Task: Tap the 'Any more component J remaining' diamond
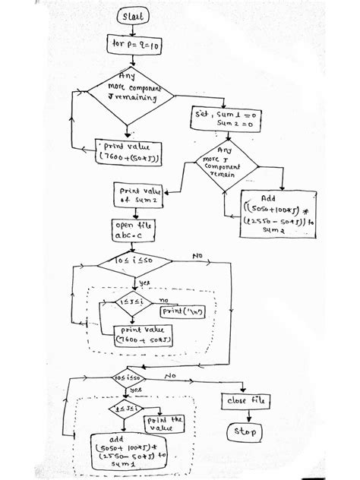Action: pos(127,97)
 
